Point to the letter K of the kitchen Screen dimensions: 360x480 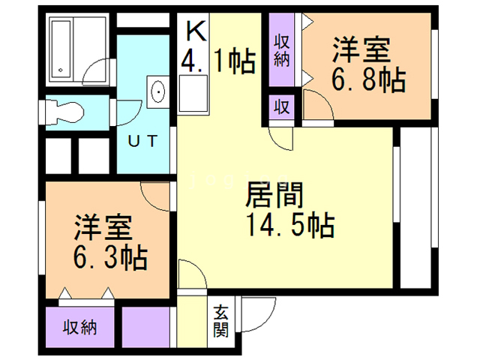[196, 31]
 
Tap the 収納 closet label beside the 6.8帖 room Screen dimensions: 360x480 [282, 51]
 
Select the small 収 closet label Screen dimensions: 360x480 [282, 106]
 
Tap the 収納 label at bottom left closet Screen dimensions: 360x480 [80, 328]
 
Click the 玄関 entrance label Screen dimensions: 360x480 [221, 321]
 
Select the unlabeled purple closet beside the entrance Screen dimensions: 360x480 [148, 327]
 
